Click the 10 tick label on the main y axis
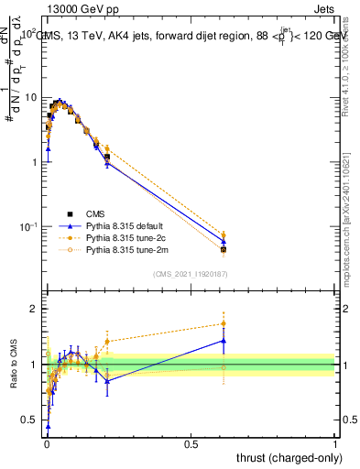point(29,97)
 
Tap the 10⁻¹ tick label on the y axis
point(27,226)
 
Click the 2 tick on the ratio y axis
point(35,310)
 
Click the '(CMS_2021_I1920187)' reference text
point(190,273)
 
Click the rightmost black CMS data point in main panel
point(224,249)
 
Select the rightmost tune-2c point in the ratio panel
point(224,323)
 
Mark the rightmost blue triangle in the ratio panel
point(224,341)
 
